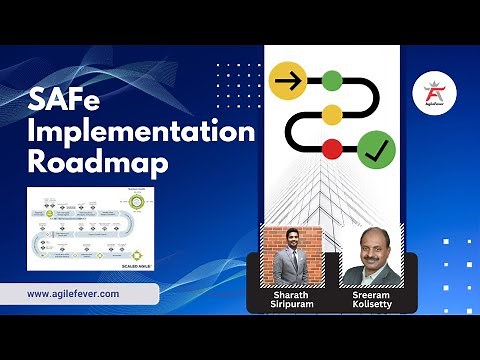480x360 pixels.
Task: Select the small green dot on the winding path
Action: [x=331, y=78]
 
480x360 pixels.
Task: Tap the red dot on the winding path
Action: [x=331, y=149]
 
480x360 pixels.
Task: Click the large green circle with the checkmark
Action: [x=376, y=150]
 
